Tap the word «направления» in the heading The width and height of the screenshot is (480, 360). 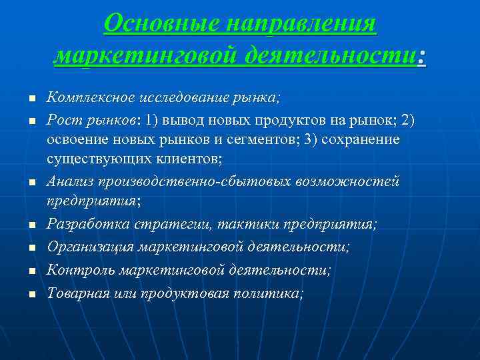tap(301, 25)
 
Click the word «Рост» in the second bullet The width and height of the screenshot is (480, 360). tap(61, 120)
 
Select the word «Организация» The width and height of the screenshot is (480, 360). tap(89, 247)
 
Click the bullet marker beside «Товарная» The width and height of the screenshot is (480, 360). tap(31, 294)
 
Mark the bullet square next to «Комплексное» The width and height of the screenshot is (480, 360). tap(31, 99)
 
